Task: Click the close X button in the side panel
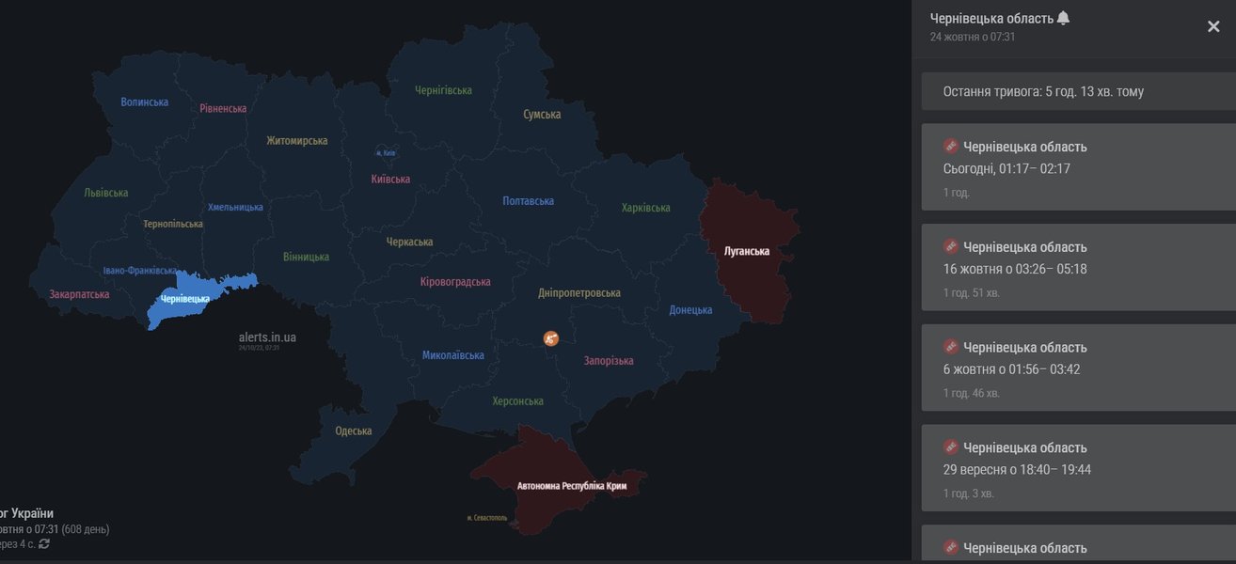(x=1213, y=26)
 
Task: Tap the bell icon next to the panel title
(x=1064, y=18)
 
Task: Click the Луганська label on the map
(x=747, y=251)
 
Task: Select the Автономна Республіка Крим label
(x=572, y=486)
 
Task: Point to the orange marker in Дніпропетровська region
(x=551, y=337)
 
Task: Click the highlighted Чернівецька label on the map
(x=185, y=299)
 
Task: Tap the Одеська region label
(x=354, y=431)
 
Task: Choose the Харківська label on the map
(x=646, y=208)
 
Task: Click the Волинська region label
(x=145, y=102)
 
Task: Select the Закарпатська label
(x=79, y=294)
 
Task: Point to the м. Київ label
(x=386, y=152)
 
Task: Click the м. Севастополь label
(x=487, y=518)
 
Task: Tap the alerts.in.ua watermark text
(x=267, y=337)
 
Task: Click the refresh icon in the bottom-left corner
(x=44, y=544)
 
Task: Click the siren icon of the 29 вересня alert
(x=951, y=446)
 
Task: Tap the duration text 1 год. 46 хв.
(x=972, y=393)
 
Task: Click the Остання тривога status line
(x=1043, y=92)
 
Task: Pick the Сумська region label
(x=542, y=115)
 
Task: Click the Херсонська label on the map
(x=517, y=401)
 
